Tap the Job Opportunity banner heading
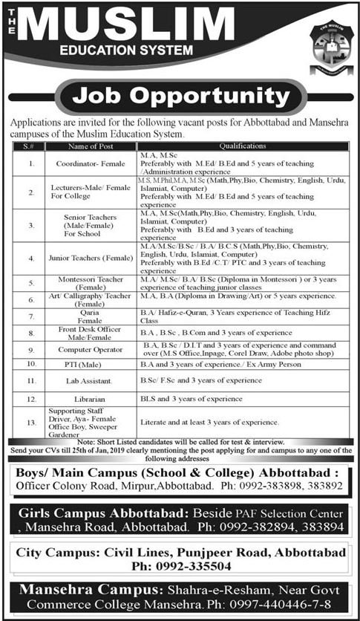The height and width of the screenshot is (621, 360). click(x=180, y=97)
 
